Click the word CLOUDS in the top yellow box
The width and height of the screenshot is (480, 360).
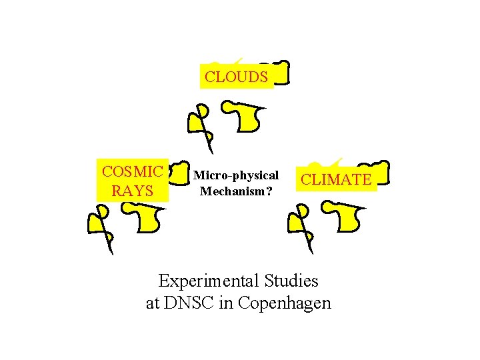pyautogui.click(x=236, y=77)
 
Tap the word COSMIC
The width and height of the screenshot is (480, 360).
pyautogui.click(x=132, y=171)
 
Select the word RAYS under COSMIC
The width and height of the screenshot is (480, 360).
pyautogui.click(x=132, y=191)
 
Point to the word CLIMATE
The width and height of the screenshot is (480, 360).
pyautogui.click(x=336, y=179)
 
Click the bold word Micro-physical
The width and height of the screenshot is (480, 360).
pyautogui.click(x=235, y=175)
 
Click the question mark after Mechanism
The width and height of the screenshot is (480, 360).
pyautogui.click(x=269, y=191)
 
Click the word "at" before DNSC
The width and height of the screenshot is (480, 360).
pyautogui.click(x=153, y=303)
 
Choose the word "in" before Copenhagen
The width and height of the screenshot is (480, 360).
pyautogui.click(x=226, y=303)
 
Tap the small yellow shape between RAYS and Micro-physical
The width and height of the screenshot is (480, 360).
pyautogui.click(x=178, y=175)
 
